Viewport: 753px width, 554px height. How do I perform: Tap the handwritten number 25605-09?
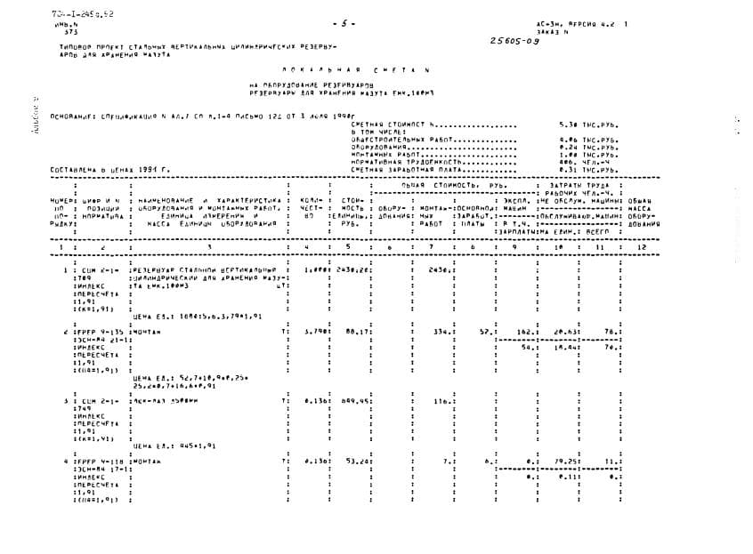coord(514,41)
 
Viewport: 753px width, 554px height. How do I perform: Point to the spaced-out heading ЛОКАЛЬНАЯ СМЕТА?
coord(379,68)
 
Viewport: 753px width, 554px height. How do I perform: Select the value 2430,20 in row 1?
coord(354,269)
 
